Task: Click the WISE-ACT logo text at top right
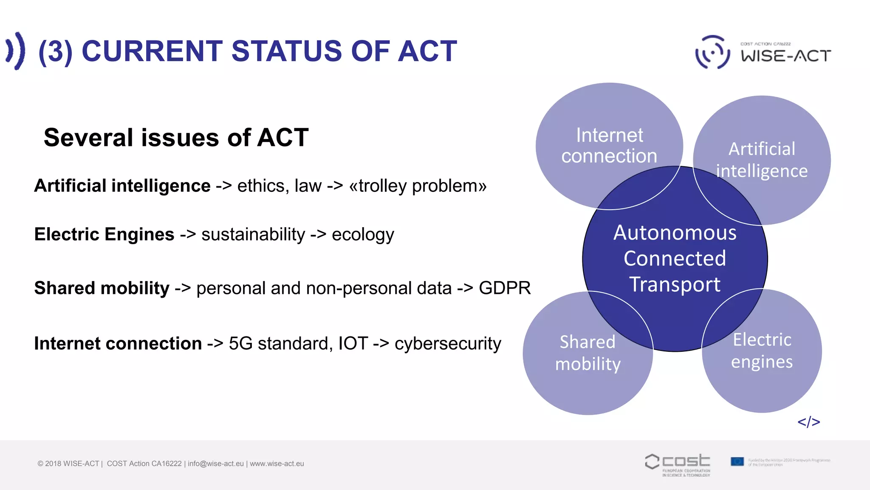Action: [786, 56]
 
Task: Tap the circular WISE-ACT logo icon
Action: [712, 52]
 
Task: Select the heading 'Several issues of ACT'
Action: [176, 138]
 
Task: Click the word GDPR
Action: [504, 288]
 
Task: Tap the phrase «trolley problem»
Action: [418, 186]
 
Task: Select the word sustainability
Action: [253, 234]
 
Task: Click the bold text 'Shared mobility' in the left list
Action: [102, 288]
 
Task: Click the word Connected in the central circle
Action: [675, 259]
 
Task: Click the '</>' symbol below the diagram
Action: [808, 422]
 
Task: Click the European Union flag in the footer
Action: [737, 462]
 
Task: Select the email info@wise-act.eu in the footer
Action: [216, 464]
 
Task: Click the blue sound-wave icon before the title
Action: [16, 51]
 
